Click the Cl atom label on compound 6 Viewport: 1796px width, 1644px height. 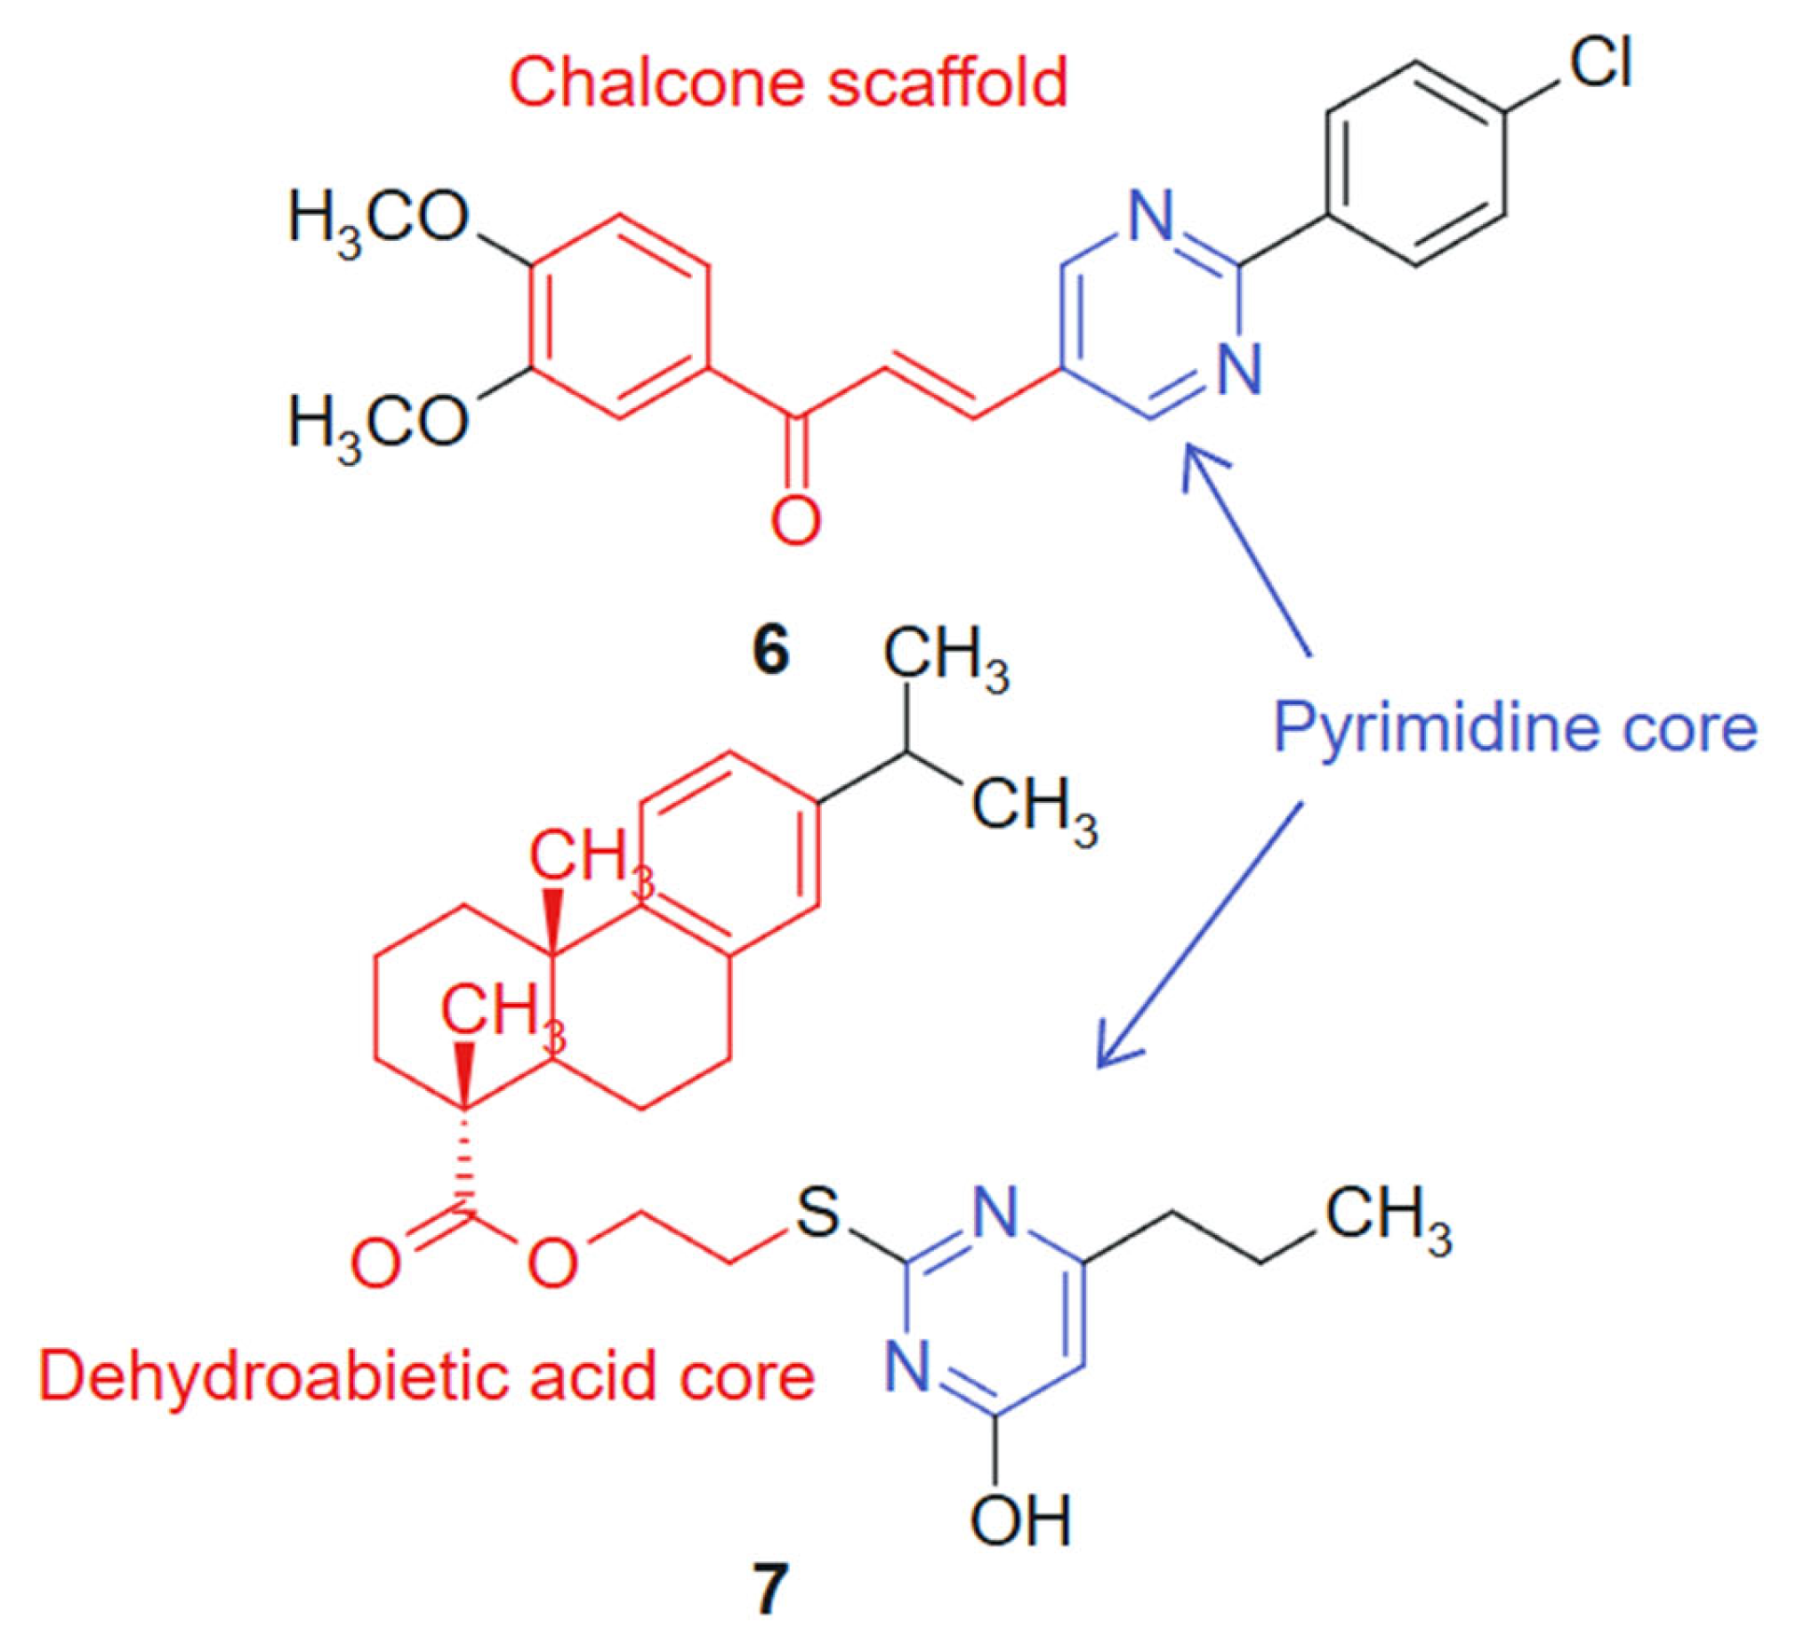(1599, 65)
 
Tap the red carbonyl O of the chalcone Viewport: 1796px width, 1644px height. (794, 521)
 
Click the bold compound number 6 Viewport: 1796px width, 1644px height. (770, 653)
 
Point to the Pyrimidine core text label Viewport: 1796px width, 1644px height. (1515, 728)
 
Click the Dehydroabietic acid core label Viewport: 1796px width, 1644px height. (427, 1377)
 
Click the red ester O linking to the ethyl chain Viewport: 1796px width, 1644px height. (552, 1263)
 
